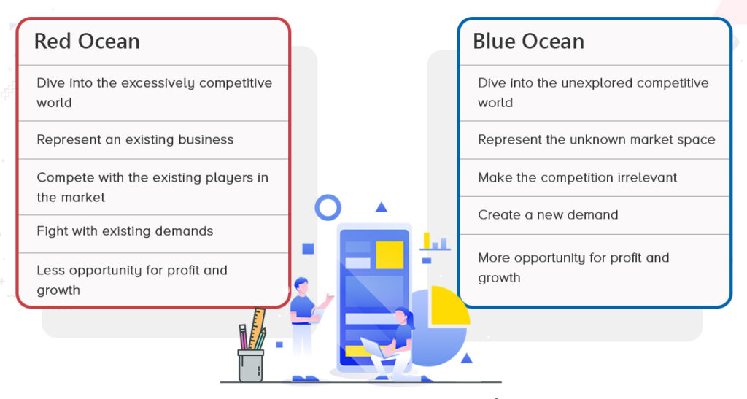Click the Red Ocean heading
(88, 42)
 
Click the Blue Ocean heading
(528, 42)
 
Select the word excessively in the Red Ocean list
(158, 83)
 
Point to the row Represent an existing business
(135, 139)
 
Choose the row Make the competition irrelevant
(578, 177)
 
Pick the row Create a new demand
(548, 214)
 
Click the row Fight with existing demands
(125, 231)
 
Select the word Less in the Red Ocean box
(50, 270)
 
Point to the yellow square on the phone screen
(390, 255)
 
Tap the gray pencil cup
(251, 365)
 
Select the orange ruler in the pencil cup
(258, 328)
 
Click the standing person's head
(301, 285)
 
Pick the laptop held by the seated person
(377, 349)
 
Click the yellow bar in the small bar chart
(427, 241)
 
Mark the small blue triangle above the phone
(381, 206)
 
